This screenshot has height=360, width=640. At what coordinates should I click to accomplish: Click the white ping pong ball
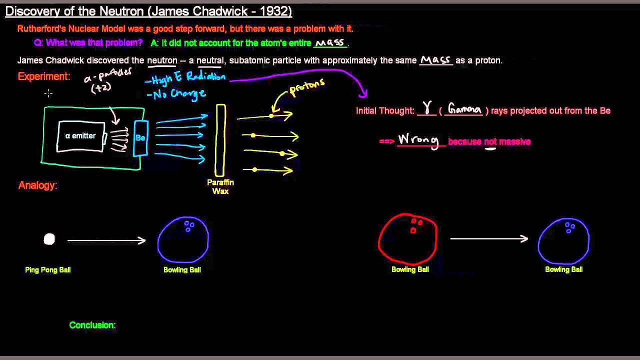coord(49,239)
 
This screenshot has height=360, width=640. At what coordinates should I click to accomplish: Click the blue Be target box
coord(140,137)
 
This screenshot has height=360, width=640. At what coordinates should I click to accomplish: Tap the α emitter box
coord(81,136)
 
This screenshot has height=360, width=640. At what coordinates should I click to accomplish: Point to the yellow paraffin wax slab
coord(220,140)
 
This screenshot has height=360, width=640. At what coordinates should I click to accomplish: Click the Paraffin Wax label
coord(220,186)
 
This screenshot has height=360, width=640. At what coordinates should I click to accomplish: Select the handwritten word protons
coord(307,87)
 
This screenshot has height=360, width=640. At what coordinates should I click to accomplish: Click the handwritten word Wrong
coord(418,140)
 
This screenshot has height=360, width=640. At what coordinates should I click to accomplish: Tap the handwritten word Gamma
coord(464,109)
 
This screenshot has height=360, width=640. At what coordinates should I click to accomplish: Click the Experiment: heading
coord(44,76)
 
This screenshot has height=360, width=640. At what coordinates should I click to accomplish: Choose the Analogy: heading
coord(38,185)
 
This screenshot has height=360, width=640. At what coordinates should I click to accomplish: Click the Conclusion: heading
coord(92,325)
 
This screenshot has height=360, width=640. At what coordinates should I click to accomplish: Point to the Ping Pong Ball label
coord(48,270)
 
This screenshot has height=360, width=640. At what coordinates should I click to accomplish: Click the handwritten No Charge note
coord(176,93)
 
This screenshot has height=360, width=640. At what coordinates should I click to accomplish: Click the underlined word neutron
coord(162,60)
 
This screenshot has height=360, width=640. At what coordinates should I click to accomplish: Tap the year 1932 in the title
coord(274,11)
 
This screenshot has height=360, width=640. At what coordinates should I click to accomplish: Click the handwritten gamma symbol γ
coord(427,108)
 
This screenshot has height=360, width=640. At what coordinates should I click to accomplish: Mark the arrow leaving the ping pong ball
coord(106,240)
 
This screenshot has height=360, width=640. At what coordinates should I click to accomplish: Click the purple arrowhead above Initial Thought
coord(363,93)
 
